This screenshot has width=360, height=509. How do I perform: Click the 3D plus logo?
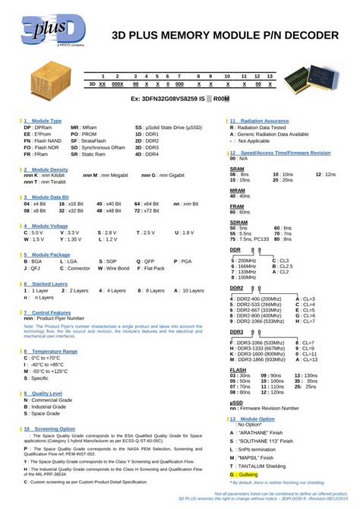click(x=51, y=33)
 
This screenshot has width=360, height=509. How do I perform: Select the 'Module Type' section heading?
click(x=43, y=121)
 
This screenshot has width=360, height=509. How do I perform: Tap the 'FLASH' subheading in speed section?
click(x=238, y=369)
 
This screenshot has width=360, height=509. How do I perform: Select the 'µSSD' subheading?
click(x=236, y=402)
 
